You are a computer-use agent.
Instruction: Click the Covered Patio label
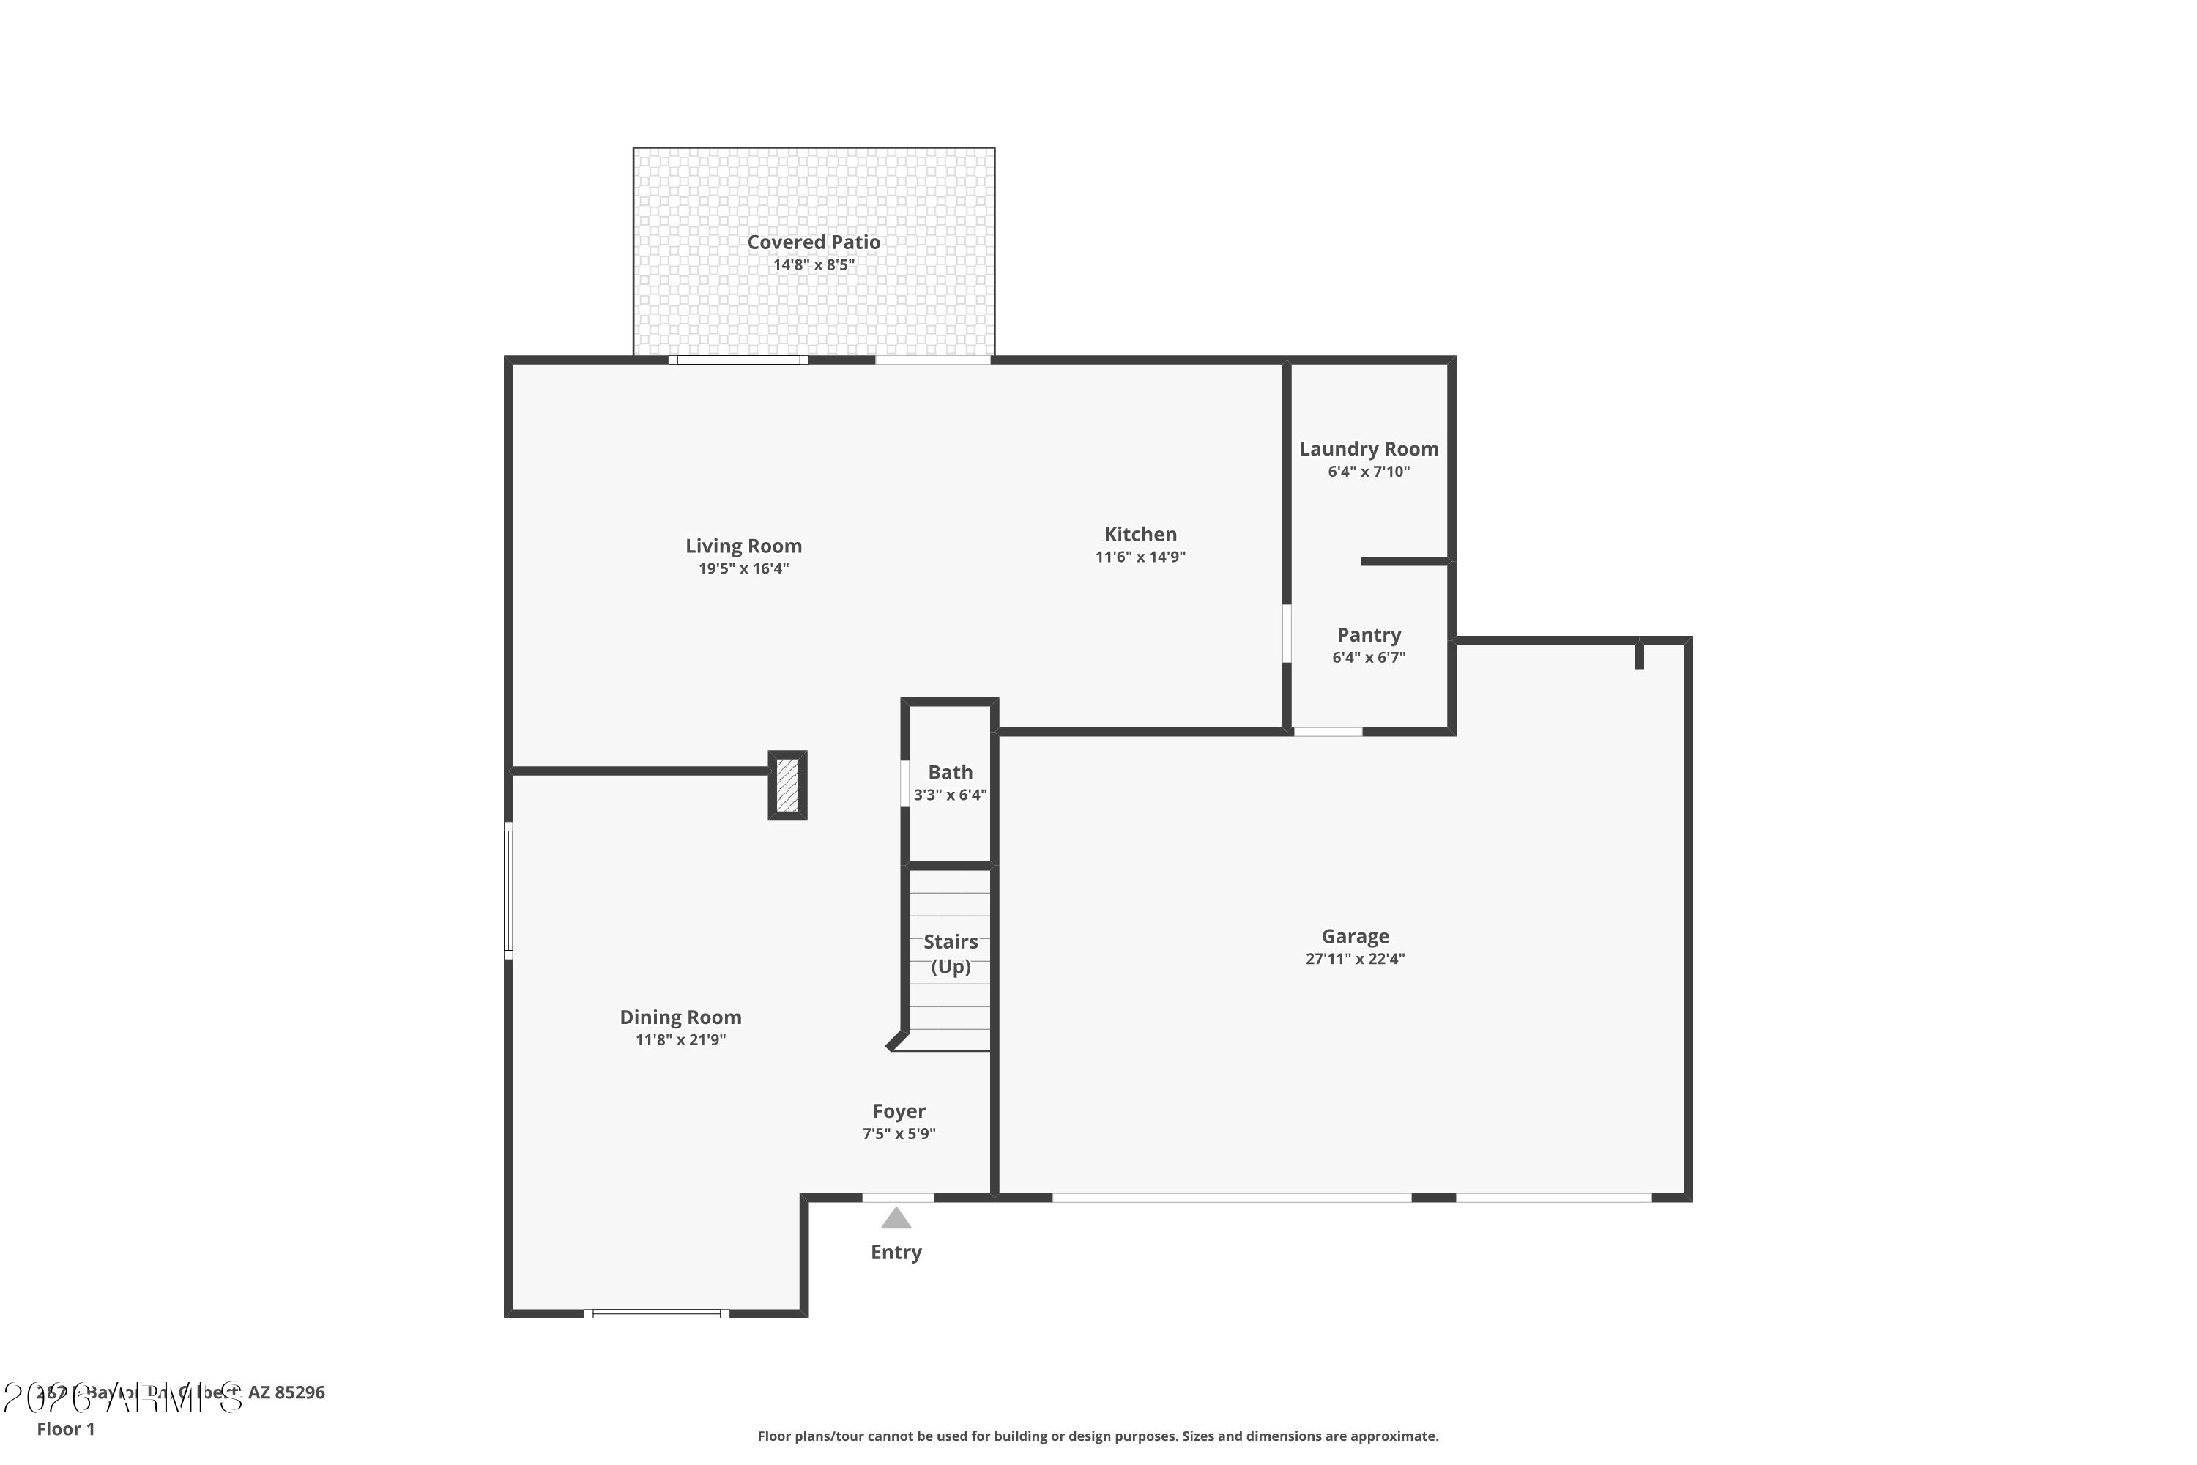tap(813, 242)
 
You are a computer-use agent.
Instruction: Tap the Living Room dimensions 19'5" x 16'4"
tap(743, 568)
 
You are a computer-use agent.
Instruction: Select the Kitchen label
tap(1140, 535)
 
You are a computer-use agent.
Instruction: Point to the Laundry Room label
tap(1369, 450)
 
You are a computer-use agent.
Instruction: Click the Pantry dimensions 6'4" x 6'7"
tap(1369, 657)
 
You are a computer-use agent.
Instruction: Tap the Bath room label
tap(950, 773)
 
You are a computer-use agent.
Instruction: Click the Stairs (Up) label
tap(950, 954)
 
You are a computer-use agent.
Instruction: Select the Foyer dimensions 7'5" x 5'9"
tap(899, 1133)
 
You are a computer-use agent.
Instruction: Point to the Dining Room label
tap(680, 1017)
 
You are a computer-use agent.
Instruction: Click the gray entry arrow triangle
tap(896, 1218)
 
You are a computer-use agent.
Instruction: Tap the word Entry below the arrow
tap(896, 1252)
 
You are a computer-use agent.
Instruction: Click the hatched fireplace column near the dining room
tap(787, 785)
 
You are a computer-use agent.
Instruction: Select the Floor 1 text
tap(65, 1428)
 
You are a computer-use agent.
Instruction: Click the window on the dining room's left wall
tap(508, 891)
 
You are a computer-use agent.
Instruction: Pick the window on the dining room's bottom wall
tap(657, 1313)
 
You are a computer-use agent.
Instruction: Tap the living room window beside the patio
tap(738, 360)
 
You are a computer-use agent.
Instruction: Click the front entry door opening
tap(898, 1197)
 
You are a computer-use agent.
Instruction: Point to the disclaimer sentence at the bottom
tap(1098, 1436)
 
